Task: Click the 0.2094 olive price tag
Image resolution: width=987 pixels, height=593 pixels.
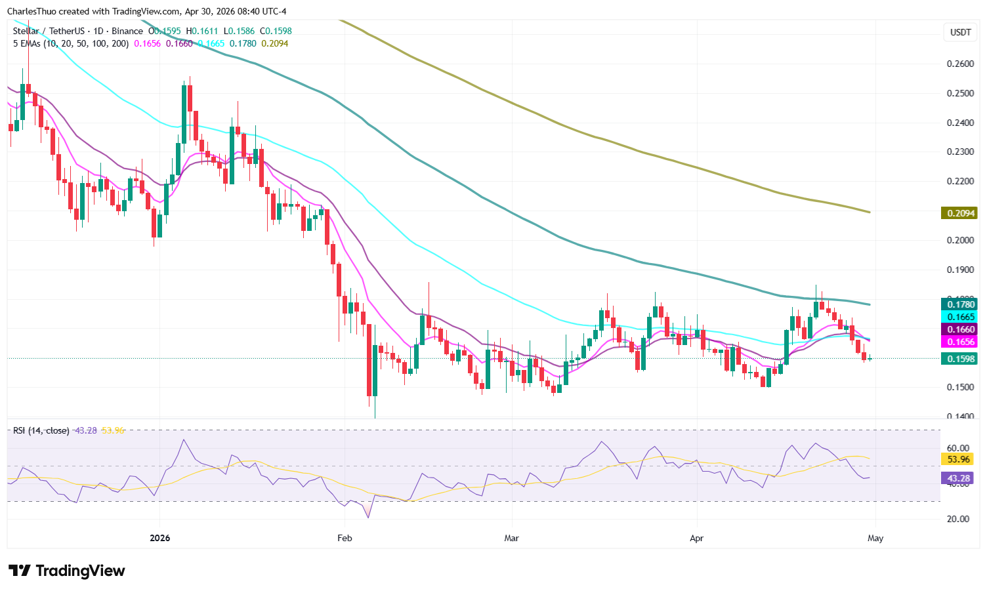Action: tap(959, 213)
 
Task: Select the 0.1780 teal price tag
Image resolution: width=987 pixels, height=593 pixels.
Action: tap(959, 304)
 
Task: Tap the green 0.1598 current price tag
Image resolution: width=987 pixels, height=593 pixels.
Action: tap(959, 358)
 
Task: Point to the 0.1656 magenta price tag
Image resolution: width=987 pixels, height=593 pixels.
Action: tap(959, 342)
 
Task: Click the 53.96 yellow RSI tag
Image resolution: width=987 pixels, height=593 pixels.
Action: tap(956, 459)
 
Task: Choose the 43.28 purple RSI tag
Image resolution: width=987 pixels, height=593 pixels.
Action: tap(956, 478)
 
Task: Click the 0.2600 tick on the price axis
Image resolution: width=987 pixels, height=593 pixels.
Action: tap(959, 64)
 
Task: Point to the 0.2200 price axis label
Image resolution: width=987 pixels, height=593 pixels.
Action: tap(959, 181)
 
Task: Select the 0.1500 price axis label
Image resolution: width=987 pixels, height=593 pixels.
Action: tap(959, 387)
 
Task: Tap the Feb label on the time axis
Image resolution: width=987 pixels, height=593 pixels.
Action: tap(345, 538)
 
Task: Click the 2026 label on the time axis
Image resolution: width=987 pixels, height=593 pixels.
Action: tap(159, 538)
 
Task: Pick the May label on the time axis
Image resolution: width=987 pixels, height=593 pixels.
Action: tap(875, 538)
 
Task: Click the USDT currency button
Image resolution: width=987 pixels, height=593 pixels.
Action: tap(960, 32)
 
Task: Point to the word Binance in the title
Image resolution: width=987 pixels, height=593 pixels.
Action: tap(127, 31)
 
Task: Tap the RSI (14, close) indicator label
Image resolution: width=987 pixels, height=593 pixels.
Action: tap(41, 430)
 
